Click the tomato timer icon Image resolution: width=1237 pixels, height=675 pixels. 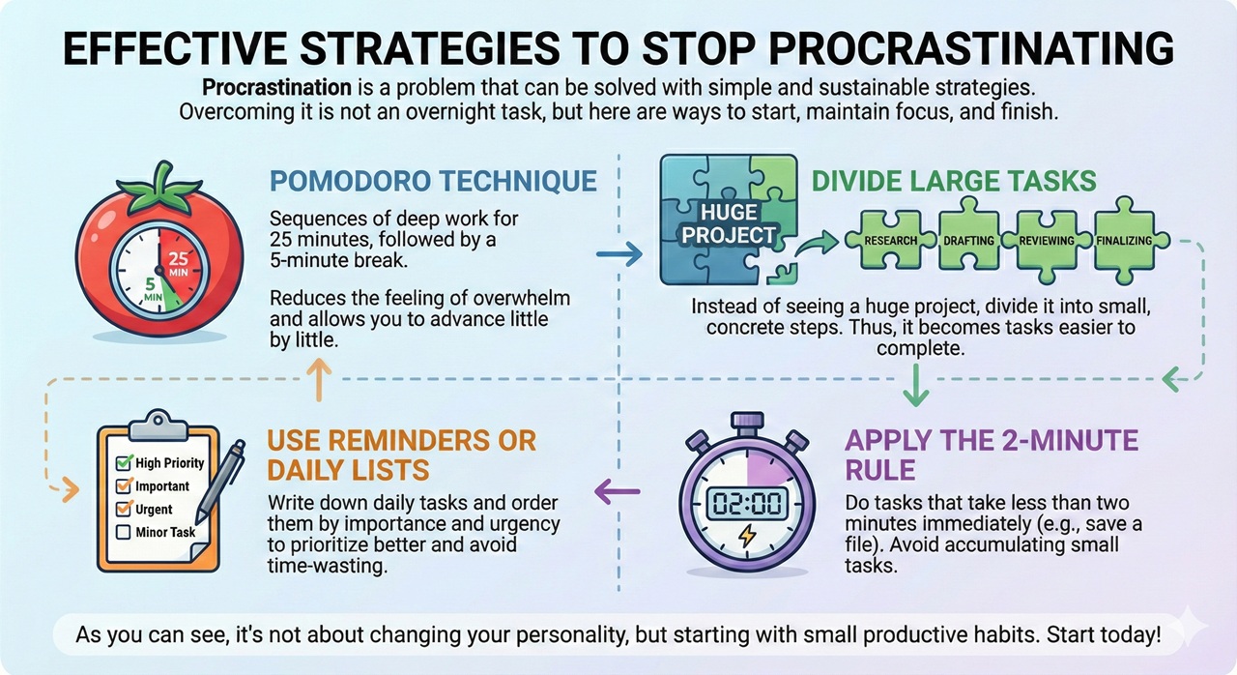tap(158, 255)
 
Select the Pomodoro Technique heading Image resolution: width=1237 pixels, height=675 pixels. tap(433, 182)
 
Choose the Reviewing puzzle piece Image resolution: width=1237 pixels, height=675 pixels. tap(1047, 240)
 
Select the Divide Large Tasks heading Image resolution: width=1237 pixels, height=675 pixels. tap(953, 182)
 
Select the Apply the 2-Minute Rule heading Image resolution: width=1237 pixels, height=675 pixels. tap(992, 455)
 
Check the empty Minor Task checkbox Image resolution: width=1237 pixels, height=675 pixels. tap(123, 532)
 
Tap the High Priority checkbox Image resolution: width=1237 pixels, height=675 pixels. tap(123, 463)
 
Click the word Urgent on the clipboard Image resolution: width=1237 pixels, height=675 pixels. tap(154, 510)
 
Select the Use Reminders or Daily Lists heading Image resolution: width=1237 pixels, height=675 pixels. tap(401, 454)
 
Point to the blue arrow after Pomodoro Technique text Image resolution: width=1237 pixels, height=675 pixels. tap(618, 255)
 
